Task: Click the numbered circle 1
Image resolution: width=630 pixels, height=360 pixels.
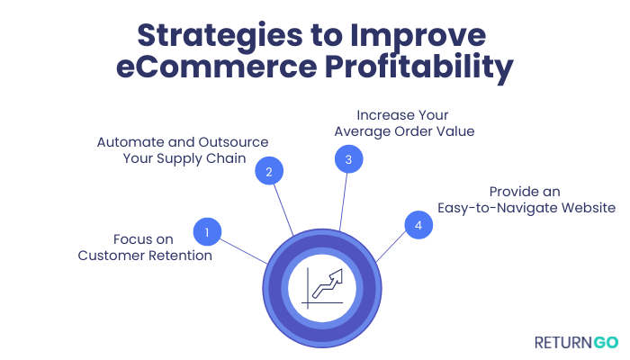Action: [207, 232]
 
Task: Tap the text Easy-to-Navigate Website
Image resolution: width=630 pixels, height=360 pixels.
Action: [526, 208]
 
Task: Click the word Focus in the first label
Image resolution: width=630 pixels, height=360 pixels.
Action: [132, 239]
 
